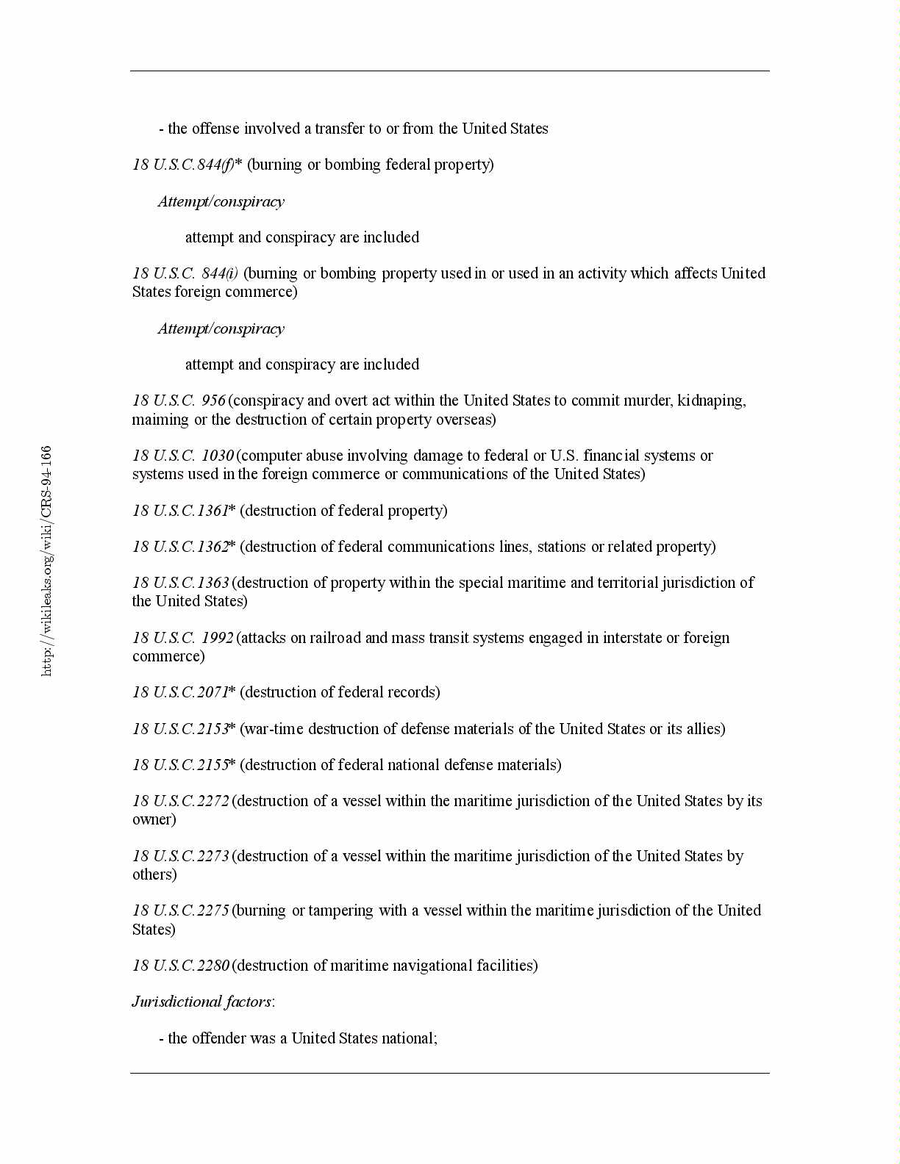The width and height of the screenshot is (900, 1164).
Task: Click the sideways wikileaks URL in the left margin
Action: coord(46,561)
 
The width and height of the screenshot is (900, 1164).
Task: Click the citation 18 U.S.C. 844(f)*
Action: coord(187,165)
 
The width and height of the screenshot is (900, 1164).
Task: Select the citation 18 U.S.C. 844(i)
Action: coord(185,273)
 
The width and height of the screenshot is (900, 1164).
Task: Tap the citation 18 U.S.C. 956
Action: coord(179,400)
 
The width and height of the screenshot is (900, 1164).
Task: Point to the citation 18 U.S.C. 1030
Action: coord(182,456)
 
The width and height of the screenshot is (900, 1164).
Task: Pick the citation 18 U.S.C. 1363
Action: coord(181,583)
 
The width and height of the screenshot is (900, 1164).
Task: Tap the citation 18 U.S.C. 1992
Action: coord(182,638)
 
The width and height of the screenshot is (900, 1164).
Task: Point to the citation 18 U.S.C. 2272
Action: coord(181,801)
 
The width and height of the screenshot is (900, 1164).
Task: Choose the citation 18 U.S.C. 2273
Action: coord(181,856)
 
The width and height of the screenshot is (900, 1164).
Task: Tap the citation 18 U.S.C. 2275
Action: coord(181,910)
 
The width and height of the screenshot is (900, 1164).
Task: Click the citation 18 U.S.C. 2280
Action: coord(181,966)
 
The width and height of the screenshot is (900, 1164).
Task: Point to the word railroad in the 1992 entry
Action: coord(335,638)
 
